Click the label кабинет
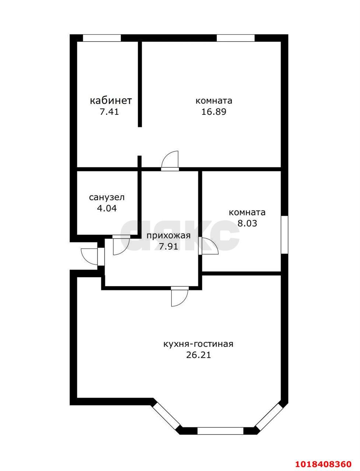pos(110,100)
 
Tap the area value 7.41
pos(109,112)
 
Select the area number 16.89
pos(214,112)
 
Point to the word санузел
pos(107,197)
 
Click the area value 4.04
pos(107,208)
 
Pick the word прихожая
pos(169,236)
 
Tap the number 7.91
pos(169,247)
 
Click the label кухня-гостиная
pos(198,344)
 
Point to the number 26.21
pos(198,355)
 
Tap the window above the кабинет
pos(102,38)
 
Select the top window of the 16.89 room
pos(236,38)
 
